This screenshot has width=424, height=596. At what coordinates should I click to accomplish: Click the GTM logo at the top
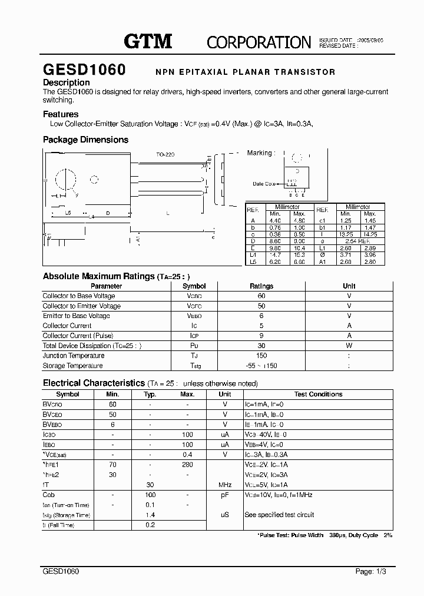[x=148, y=41]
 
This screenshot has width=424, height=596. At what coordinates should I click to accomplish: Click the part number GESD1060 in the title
[x=84, y=70]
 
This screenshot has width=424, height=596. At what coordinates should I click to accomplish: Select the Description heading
[x=67, y=82]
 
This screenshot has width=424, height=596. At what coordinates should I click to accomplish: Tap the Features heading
[x=61, y=114]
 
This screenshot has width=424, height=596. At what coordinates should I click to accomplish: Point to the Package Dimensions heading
[x=85, y=140]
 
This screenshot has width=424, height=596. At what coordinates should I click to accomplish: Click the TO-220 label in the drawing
[x=165, y=154]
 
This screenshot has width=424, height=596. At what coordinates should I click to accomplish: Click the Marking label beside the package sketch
[x=260, y=153]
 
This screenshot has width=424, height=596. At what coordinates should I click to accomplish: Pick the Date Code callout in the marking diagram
[x=264, y=184]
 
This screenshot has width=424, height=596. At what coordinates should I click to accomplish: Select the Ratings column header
[x=261, y=286]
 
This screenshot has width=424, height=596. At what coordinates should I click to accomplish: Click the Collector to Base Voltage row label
[x=79, y=296]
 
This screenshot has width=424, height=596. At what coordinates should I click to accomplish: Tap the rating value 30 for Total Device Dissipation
[x=261, y=346]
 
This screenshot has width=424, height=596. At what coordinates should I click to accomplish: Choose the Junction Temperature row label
[x=74, y=356]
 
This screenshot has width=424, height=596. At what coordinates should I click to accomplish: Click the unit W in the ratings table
[x=349, y=346]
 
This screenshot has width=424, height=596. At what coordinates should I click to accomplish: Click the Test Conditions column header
[x=318, y=395]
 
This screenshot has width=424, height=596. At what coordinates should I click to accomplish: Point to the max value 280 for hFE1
[x=187, y=465]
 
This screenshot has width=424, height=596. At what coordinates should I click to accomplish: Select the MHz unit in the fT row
[x=225, y=485]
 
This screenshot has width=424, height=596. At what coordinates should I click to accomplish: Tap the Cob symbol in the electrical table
[x=49, y=495]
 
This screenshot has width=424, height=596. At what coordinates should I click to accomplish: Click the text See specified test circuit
[x=279, y=515]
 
